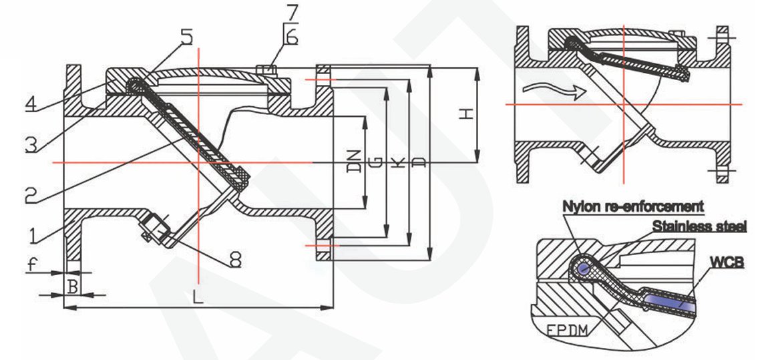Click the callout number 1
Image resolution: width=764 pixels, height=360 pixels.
tap(33, 235)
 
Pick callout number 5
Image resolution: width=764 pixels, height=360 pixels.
tap(187, 37)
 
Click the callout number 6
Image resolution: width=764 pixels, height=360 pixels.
tap(292, 37)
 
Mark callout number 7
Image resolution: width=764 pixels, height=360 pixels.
tap(293, 11)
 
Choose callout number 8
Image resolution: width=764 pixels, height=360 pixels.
tap(236, 260)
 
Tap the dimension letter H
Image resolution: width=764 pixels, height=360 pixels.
tap(467, 114)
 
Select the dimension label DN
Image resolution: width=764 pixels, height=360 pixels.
tap(356, 160)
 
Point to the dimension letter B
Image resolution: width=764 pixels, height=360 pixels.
tap(73, 287)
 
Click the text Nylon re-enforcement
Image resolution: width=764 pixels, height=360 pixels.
tap(633, 206)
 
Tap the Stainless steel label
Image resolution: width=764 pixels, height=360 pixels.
tap(699, 226)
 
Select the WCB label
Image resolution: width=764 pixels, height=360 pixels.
tap(727, 263)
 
